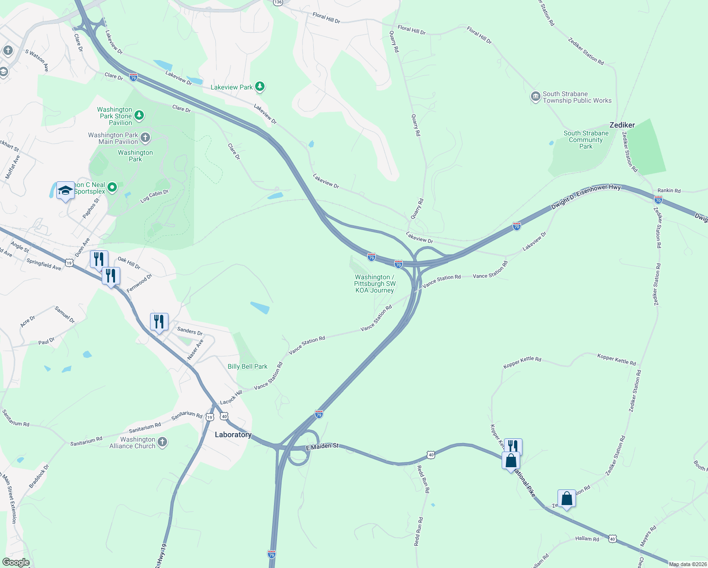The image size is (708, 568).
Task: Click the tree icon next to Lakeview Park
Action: click(x=259, y=87)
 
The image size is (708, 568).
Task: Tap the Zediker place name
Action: click(x=622, y=125)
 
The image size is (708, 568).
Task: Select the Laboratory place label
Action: click(x=233, y=435)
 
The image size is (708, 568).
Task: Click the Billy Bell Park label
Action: click(x=248, y=366)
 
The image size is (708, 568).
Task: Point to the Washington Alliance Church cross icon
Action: click(x=162, y=442)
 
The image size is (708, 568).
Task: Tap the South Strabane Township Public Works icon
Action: click(x=535, y=97)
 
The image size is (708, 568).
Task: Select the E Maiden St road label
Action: click(x=322, y=446)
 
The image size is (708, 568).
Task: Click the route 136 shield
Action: click(x=278, y=2)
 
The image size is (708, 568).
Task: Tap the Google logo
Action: click(x=16, y=562)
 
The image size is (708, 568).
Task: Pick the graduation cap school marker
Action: click(x=65, y=190)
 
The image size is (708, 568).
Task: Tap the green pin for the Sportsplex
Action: click(x=112, y=188)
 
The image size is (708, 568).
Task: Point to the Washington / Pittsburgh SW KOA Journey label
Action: click(x=375, y=284)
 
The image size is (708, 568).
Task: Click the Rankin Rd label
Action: click(x=669, y=191)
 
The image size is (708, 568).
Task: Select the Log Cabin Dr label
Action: click(x=154, y=196)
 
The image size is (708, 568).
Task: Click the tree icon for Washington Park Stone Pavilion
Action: click(x=139, y=115)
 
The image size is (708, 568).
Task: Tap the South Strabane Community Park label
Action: click(x=586, y=140)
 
